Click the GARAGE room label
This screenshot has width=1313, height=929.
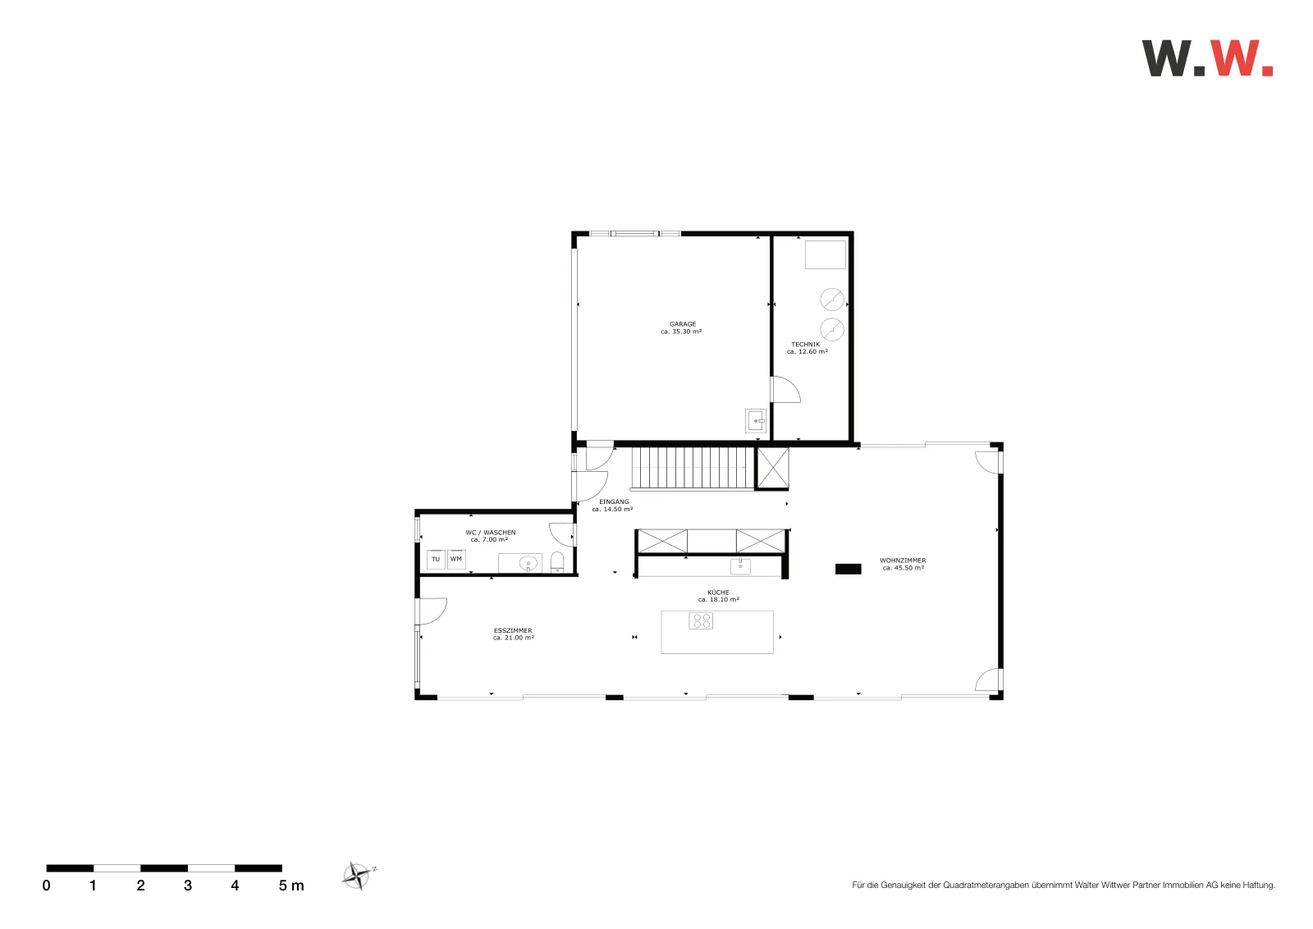(x=683, y=324)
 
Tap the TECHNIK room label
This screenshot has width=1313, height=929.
(x=806, y=345)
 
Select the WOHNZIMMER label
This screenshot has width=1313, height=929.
(x=903, y=561)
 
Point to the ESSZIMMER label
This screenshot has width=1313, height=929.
(x=513, y=630)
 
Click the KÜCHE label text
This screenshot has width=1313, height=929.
(x=718, y=593)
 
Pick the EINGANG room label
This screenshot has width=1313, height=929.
(x=614, y=501)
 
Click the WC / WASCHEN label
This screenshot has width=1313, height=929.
(x=491, y=533)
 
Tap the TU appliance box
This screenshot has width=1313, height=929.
(x=436, y=560)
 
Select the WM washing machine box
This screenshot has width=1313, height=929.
(x=456, y=560)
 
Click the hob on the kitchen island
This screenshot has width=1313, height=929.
(x=701, y=620)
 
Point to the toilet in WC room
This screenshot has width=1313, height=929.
(x=557, y=561)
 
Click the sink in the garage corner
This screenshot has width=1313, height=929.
(x=756, y=421)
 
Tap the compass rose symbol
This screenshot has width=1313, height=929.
(x=357, y=876)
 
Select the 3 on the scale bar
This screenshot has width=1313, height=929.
(x=188, y=886)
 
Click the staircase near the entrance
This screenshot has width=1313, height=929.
(x=693, y=469)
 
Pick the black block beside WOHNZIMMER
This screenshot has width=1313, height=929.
(x=849, y=569)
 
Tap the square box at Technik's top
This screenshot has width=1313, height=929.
(x=826, y=254)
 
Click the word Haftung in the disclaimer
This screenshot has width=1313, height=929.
(x=1259, y=885)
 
